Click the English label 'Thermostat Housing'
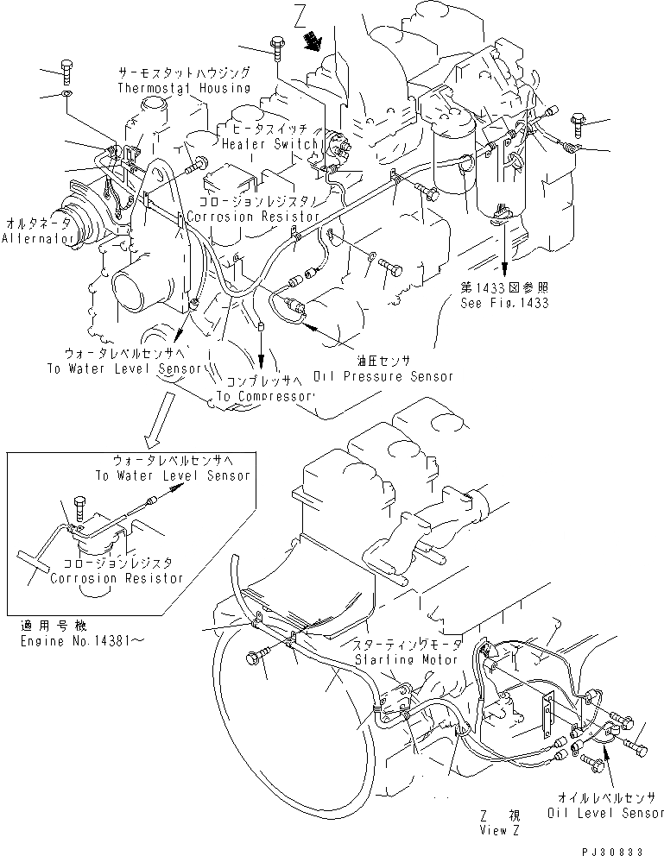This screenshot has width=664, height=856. click(183, 87)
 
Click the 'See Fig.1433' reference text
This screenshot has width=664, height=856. click(505, 303)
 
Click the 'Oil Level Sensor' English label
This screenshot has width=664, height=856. click(605, 813)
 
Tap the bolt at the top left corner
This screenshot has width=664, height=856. click(68, 68)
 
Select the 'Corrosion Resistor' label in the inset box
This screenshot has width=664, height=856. click(117, 577)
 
